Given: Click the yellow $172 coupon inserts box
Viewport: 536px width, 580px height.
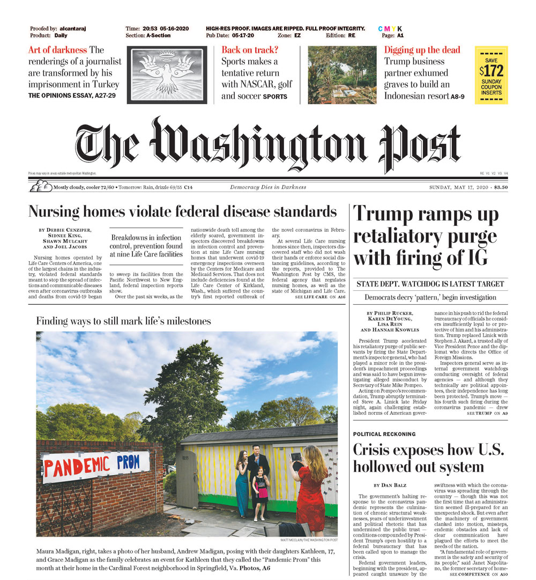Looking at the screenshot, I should click(x=491, y=75).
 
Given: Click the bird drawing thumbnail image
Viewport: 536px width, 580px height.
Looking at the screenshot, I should click(x=167, y=75).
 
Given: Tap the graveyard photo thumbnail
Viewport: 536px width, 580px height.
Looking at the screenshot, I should click(x=342, y=75).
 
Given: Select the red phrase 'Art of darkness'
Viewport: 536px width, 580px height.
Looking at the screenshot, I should click(x=57, y=50).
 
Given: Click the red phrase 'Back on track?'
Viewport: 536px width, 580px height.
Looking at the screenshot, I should click(x=250, y=50).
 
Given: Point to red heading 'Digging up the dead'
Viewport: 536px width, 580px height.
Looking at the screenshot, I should click(x=422, y=50).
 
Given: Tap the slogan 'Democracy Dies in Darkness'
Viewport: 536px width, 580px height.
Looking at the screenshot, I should click(x=268, y=187).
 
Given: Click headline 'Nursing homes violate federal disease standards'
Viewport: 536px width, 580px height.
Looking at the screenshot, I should click(x=182, y=211).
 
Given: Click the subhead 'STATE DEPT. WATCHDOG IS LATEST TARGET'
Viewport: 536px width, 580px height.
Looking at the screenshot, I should click(x=430, y=283).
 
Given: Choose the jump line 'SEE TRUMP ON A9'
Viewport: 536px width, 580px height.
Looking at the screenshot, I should click(x=487, y=414).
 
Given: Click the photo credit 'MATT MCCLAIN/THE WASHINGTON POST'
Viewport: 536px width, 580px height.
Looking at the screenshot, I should click(x=309, y=540).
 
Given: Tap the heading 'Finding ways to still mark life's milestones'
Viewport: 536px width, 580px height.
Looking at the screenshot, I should click(x=123, y=321).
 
